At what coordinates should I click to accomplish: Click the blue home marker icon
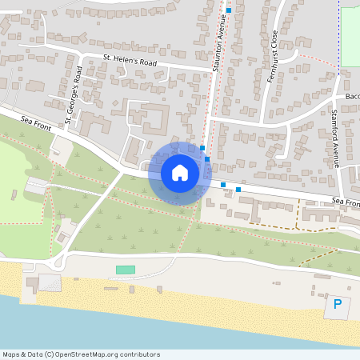click(x=180, y=173)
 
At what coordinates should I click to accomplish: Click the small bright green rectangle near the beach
click(x=126, y=270)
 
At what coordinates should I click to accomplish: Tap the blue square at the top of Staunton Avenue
click(x=229, y=10)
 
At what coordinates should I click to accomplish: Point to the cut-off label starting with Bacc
click(x=352, y=97)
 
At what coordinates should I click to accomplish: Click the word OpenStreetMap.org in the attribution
click(x=84, y=354)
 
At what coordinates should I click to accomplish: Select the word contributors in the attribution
click(x=138, y=354)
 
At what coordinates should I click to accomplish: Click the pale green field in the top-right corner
click(x=350, y=36)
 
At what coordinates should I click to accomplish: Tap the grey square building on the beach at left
click(x=50, y=282)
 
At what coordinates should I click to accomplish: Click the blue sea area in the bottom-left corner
click(x=32, y=320)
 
